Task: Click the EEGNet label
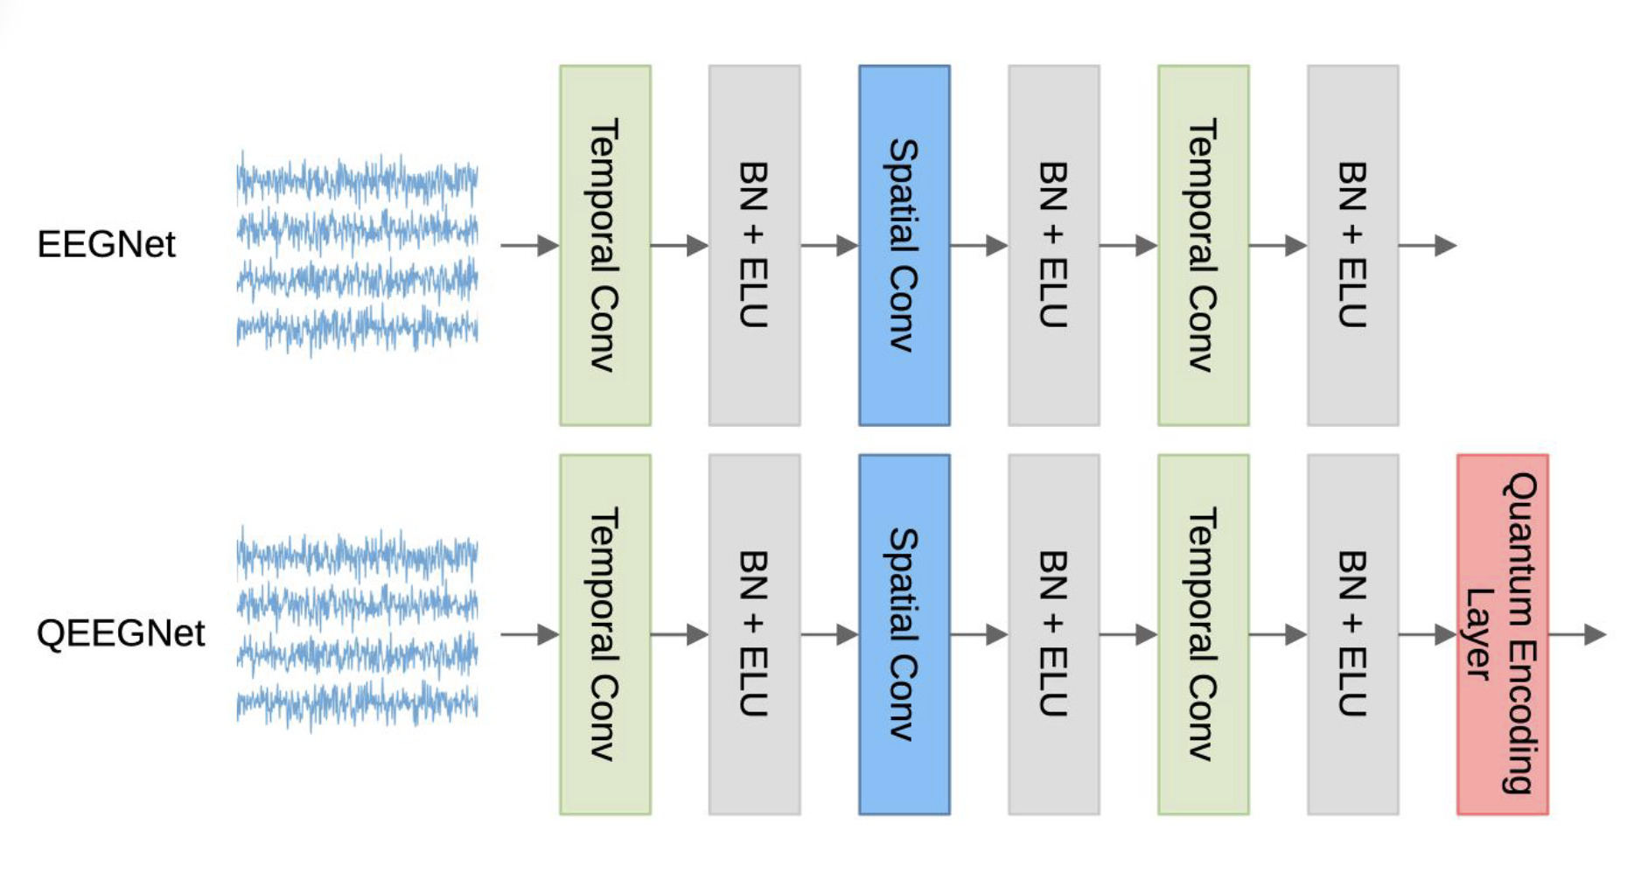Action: click(106, 244)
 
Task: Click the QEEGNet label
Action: click(120, 633)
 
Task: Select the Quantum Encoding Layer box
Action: click(1502, 634)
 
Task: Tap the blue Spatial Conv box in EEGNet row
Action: click(904, 245)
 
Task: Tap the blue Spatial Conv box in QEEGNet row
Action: click(904, 634)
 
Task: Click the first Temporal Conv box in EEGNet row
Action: click(604, 245)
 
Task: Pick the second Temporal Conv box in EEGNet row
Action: click(1203, 245)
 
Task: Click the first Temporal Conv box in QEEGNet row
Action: click(604, 634)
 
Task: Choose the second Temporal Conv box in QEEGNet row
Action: click(1203, 634)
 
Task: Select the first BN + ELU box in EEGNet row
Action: click(754, 245)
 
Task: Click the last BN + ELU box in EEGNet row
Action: click(1352, 245)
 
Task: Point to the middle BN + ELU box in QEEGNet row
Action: click(1053, 634)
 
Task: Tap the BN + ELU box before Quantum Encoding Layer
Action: click(1352, 634)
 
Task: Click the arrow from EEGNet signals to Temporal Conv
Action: click(529, 246)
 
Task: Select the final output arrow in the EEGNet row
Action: click(1428, 246)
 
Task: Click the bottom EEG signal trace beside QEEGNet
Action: click(357, 702)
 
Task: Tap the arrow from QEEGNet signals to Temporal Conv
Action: click(529, 634)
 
